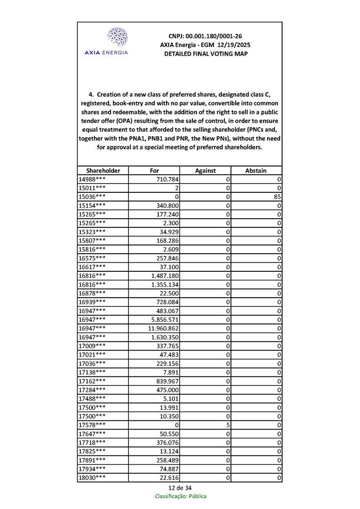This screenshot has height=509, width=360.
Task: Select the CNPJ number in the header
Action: coord(205,37)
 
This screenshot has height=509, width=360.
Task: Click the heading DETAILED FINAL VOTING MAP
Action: coord(205,54)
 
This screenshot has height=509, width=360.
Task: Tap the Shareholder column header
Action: coord(103,171)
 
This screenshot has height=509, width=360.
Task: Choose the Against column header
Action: coord(205,171)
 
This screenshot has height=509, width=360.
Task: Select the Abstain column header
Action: coord(256,171)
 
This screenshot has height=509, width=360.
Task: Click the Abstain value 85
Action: coord(277,196)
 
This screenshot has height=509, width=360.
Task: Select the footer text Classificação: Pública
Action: coord(181,496)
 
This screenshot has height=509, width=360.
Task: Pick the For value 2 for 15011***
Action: coord(176,188)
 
